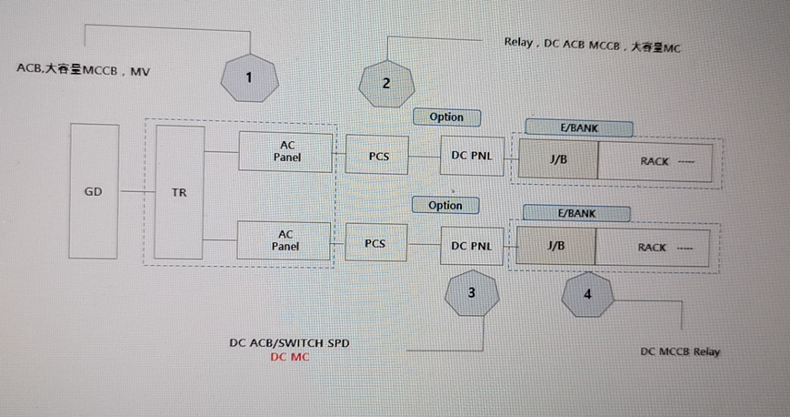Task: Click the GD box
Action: [x=93, y=192]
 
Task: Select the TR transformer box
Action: [x=179, y=192]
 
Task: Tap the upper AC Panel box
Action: [x=286, y=150]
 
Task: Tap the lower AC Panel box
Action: [x=285, y=240]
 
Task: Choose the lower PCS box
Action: [x=375, y=243]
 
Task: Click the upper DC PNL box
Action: [x=471, y=156]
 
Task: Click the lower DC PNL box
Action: [x=471, y=245]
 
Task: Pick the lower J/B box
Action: [x=555, y=246]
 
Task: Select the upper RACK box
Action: [x=655, y=161]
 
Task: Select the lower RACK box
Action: [x=653, y=247]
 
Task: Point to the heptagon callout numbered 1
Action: [x=249, y=77]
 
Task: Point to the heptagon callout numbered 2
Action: [x=386, y=83]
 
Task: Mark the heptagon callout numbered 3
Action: [x=471, y=292]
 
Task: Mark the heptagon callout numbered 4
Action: [x=587, y=294]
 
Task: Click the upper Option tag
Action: [x=445, y=117]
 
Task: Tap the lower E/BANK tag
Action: [x=577, y=213]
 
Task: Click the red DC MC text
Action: [x=289, y=357]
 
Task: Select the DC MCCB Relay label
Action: [x=680, y=351]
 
